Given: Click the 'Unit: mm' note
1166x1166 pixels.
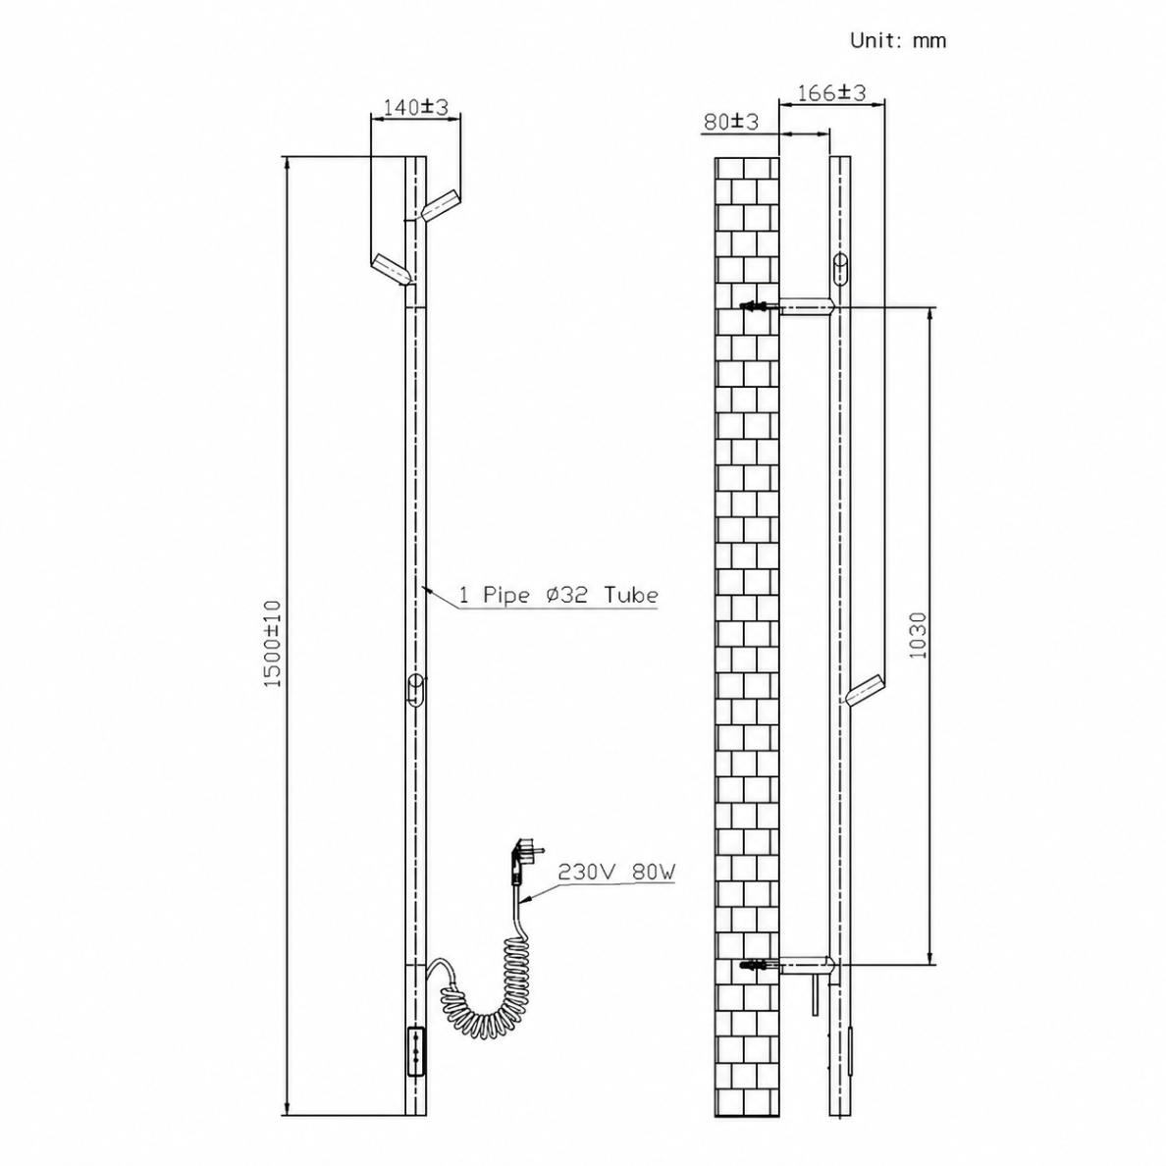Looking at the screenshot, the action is tap(897, 40).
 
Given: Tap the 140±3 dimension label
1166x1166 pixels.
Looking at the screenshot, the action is tap(416, 107).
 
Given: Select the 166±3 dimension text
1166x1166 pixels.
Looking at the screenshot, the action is tap(831, 93).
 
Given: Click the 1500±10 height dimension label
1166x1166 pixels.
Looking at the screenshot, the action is tap(273, 644).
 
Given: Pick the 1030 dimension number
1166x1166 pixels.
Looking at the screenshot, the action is tap(919, 635).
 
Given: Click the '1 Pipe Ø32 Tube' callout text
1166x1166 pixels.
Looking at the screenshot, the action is tap(557, 595).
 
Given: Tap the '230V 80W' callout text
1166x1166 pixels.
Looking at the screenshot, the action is tap(616, 872).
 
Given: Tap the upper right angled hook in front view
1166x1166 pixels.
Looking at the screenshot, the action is tap(440, 204).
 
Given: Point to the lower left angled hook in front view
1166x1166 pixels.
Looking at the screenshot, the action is tap(392, 270).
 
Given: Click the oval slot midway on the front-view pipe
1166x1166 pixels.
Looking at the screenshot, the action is tap(416, 689).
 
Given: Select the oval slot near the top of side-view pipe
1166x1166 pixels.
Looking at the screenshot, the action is tap(840, 269).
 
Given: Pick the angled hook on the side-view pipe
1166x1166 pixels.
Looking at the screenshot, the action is tap(865, 689).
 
